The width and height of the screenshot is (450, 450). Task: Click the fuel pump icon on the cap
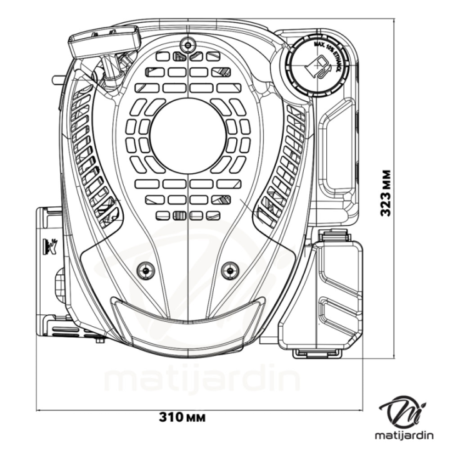click(321, 66)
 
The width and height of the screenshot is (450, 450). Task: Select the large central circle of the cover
click(187, 136)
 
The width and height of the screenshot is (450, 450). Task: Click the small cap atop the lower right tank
click(332, 236)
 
